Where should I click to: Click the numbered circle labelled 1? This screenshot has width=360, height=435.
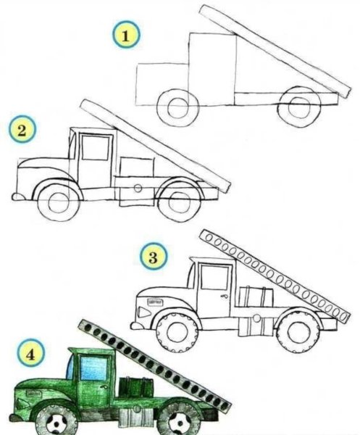point(126,36)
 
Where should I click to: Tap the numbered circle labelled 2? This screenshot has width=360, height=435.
point(22,130)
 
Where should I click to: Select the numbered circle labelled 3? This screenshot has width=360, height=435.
point(154,257)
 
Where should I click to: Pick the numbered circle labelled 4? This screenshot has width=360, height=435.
point(30,354)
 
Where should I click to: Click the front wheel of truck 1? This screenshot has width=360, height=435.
point(177,107)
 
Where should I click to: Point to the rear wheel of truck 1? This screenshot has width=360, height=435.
point(299,107)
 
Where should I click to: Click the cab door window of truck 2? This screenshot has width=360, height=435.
point(96,148)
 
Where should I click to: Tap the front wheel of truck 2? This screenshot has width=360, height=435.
point(59,202)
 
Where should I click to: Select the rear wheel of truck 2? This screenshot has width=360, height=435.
point(179,202)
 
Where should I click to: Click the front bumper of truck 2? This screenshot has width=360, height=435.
point(17,197)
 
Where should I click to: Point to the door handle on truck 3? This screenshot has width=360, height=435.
point(225,296)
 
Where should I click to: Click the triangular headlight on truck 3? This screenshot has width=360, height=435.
point(144,312)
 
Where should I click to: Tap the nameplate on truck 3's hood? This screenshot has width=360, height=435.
point(155,302)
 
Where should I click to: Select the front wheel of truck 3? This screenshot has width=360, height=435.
point(177,332)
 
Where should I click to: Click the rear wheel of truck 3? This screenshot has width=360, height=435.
point(298,332)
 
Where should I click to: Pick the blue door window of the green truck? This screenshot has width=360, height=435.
point(93,368)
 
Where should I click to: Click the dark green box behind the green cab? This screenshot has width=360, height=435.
point(135,387)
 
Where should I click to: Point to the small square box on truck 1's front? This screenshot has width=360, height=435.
point(162,84)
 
